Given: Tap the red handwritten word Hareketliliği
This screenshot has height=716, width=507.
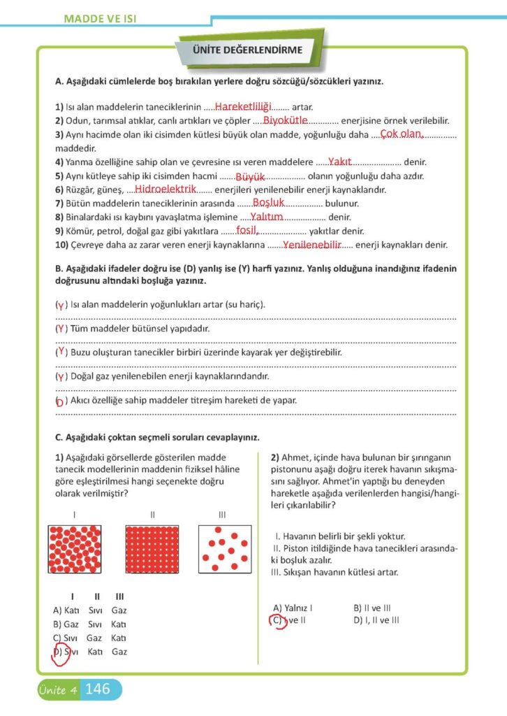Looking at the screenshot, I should pyautogui.click(x=242, y=106).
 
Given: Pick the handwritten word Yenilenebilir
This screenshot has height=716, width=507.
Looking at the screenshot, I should pyautogui.click(x=311, y=245).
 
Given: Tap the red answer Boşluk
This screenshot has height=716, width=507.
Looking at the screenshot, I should pyautogui.click(x=268, y=203).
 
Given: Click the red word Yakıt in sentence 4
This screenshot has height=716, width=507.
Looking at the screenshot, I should pyautogui.click(x=339, y=162).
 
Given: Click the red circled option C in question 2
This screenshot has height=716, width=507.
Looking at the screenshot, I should pyautogui.click(x=279, y=620).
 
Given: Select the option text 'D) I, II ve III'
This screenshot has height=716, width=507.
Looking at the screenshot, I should pyautogui.click(x=376, y=620).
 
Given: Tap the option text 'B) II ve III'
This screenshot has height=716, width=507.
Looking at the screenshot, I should pyautogui.click(x=372, y=608).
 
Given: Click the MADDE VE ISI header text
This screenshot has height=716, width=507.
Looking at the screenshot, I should pyautogui.click(x=99, y=17).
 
